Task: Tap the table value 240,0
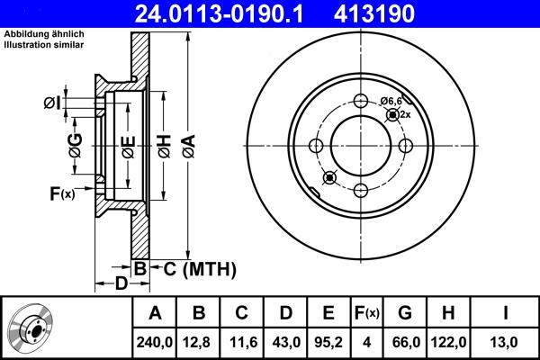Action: (155, 342)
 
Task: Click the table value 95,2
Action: (329, 342)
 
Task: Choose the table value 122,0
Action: (450, 342)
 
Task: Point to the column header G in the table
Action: (404, 313)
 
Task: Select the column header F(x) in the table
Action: (367, 313)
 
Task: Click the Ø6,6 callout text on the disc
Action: (391, 101)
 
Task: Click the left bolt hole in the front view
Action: (316, 146)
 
